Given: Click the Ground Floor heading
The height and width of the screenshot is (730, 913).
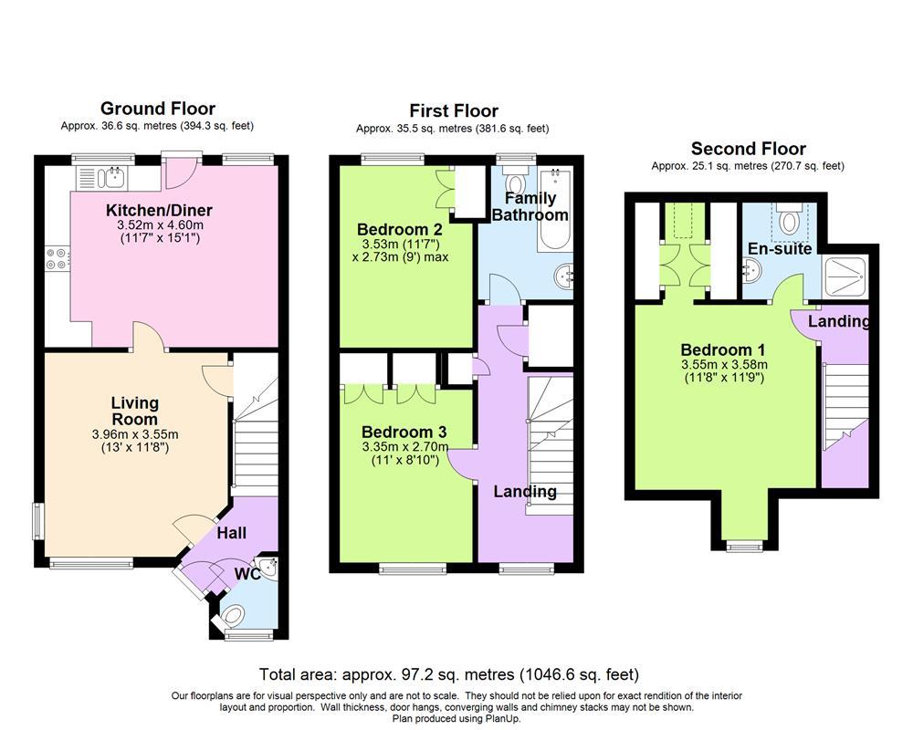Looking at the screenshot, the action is tap(158, 109).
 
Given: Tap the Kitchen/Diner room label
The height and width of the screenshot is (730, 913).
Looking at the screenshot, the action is tap(159, 210).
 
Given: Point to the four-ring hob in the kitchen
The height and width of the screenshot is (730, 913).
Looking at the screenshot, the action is tap(57, 258).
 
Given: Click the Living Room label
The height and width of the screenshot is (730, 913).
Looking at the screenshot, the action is tap(135, 411).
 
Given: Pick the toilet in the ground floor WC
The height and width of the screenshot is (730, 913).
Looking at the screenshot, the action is tap(234, 615).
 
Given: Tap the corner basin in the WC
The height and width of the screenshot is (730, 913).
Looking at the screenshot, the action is tap(269, 567).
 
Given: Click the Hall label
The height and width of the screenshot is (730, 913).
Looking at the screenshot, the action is tap(232, 533).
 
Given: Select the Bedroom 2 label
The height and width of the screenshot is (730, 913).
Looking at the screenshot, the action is tap(400, 229).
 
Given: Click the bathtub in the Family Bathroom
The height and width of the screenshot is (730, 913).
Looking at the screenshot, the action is tap(554, 210).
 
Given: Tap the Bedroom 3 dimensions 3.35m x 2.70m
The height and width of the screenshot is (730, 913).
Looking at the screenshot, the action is tap(405, 446).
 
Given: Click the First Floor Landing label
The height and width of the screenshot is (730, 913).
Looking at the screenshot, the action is tap(525, 492).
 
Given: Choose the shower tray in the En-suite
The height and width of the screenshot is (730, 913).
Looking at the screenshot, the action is tap(845, 277).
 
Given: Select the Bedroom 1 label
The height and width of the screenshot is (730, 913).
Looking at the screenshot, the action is tap(722, 349).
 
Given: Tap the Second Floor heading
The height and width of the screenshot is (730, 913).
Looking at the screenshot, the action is tap(749, 149).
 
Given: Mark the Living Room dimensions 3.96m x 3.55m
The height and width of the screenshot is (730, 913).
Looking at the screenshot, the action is tap(135, 434).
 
